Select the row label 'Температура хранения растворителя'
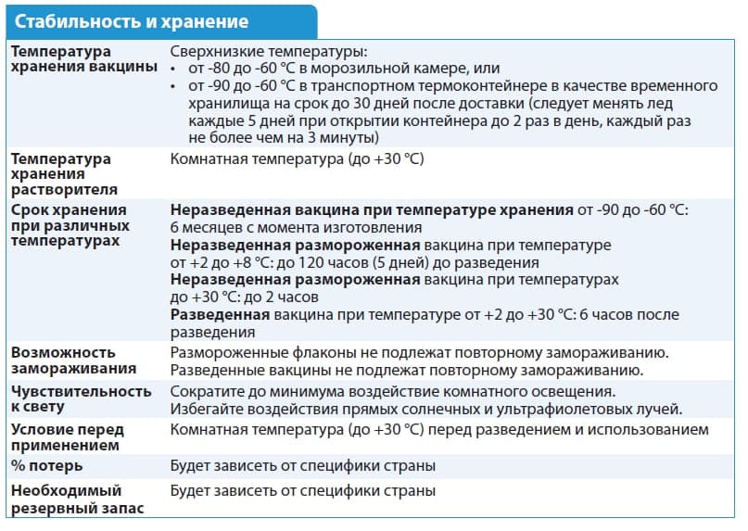pyautogui.click(x=62, y=173)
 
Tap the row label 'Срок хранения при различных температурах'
pyautogui.click(x=70, y=225)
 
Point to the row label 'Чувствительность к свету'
pyautogui.click(x=80, y=399)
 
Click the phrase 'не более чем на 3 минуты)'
pyautogui.click(x=283, y=136)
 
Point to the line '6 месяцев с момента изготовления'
pyautogui.click(x=296, y=227)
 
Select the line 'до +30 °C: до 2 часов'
pyautogui.click(x=245, y=297)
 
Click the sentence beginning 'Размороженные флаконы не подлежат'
pyautogui.click(x=420, y=353)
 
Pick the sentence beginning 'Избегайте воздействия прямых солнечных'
pyautogui.click(x=427, y=409)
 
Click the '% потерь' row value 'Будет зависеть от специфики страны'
pyautogui.click(x=302, y=465)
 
